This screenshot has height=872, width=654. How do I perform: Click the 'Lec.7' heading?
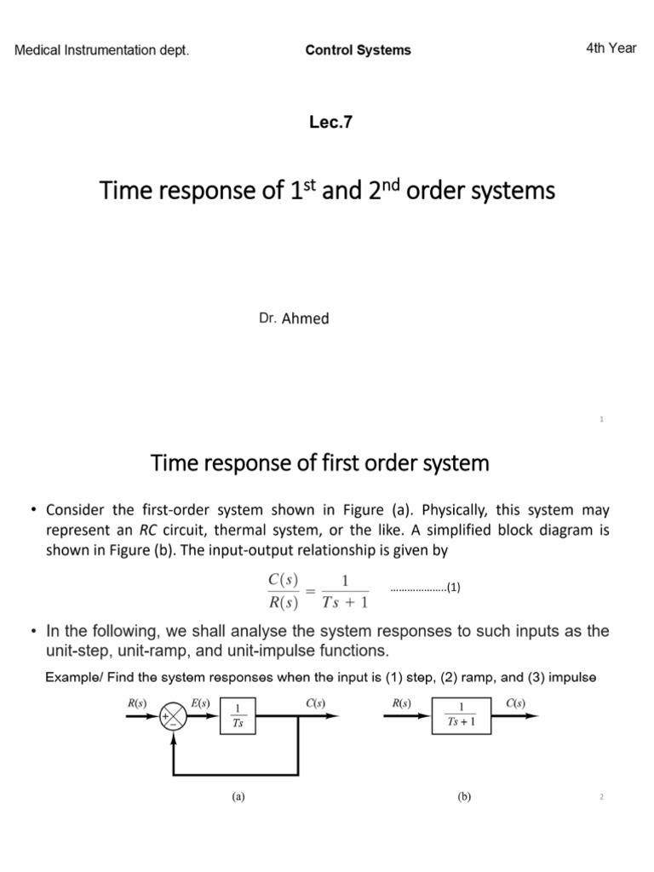(331, 122)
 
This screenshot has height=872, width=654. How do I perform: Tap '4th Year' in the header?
(611, 48)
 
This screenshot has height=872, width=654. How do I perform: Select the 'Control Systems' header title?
(358, 49)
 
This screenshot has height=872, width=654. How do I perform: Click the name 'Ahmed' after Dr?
(305, 318)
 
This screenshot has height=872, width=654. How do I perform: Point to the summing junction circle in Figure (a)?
(175, 716)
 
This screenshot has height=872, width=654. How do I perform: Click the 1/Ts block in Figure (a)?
(238, 716)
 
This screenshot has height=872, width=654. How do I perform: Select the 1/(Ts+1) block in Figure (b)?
(461, 716)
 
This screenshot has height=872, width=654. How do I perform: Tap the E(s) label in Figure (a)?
(202, 703)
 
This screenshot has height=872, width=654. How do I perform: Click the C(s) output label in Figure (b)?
(515, 703)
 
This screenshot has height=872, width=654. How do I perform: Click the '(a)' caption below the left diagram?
(238, 797)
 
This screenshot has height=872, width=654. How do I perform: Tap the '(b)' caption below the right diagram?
(463, 797)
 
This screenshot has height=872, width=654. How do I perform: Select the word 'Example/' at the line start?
(71, 677)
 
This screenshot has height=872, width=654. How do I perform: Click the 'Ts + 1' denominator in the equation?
(346, 603)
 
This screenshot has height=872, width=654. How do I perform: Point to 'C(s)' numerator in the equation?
(283, 580)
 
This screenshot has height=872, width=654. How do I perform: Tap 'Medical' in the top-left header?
(39, 49)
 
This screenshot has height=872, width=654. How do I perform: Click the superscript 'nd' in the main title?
(390, 183)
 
